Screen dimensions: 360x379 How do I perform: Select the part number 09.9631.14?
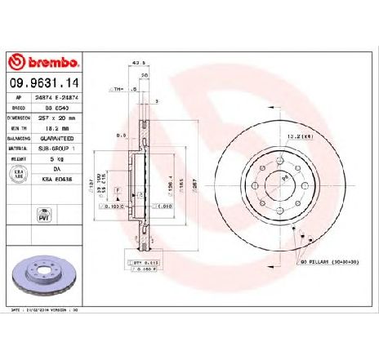click(46, 82)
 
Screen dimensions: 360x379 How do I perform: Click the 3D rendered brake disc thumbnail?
click(45, 274)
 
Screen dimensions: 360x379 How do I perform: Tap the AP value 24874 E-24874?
click(64, 96)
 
